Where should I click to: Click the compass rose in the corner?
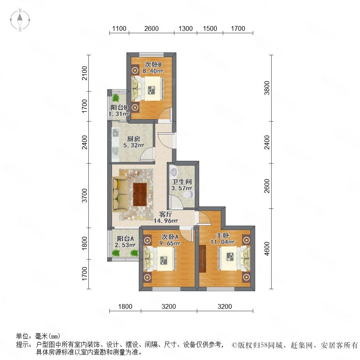20,20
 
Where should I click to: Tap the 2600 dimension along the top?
151,28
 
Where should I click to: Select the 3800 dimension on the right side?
267,88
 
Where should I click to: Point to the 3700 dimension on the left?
85,195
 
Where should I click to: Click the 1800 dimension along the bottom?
125,306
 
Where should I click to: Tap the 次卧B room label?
153,64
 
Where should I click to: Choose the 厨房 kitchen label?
134,139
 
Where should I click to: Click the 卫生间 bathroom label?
182,182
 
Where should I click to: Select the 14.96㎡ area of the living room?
166,221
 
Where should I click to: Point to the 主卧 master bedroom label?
222,235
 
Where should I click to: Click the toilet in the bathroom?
189,195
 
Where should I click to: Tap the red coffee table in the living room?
140,194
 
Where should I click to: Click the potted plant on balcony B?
116,98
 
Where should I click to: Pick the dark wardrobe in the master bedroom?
202,259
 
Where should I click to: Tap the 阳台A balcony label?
125,238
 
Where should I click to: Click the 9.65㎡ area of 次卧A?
170,243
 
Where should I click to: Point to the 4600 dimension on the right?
267,249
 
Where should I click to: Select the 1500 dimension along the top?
210,28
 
